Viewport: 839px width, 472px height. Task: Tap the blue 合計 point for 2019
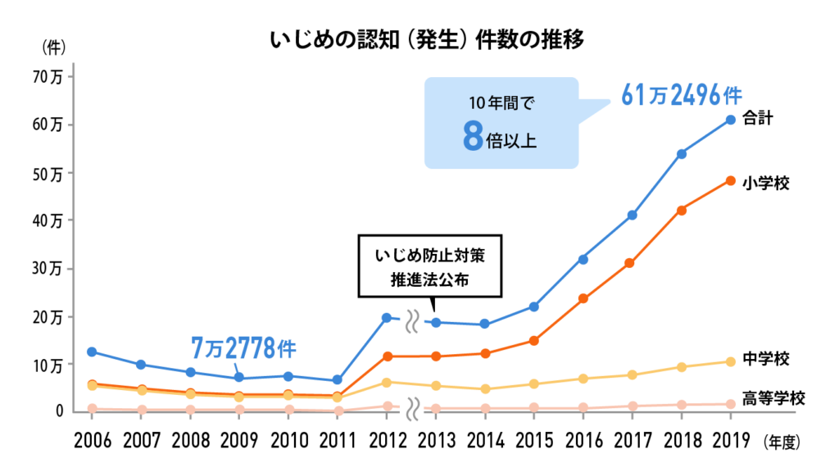[x=730, y=120]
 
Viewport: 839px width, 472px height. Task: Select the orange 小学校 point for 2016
[x=583, y=298]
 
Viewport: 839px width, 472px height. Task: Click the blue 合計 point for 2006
[x=92, y=352]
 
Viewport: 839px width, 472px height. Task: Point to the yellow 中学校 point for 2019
[x=730, y=361]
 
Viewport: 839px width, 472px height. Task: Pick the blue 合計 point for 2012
[x=386, y=317]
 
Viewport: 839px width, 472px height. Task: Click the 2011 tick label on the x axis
[x=337, y=440]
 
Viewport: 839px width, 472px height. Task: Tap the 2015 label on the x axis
[x=533, y=440]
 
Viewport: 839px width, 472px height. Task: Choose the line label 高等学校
[x=774, y=399]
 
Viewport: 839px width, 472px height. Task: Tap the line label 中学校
[x=766, y=359]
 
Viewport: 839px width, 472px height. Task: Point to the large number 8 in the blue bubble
[x=472, y=137]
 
